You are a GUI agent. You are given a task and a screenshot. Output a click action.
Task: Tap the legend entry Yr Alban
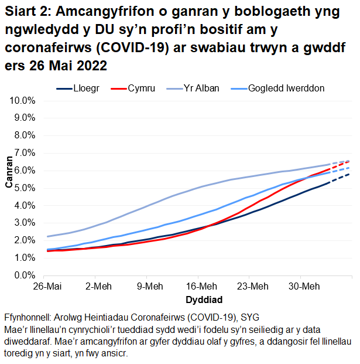201,89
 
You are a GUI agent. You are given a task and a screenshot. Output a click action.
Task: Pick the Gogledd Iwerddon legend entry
286,89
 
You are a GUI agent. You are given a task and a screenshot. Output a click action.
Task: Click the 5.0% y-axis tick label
25,188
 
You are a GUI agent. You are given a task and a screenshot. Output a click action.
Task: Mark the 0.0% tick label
25,275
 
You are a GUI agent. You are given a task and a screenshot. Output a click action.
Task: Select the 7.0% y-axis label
25,153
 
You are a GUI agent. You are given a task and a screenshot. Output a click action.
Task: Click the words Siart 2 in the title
26,11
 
